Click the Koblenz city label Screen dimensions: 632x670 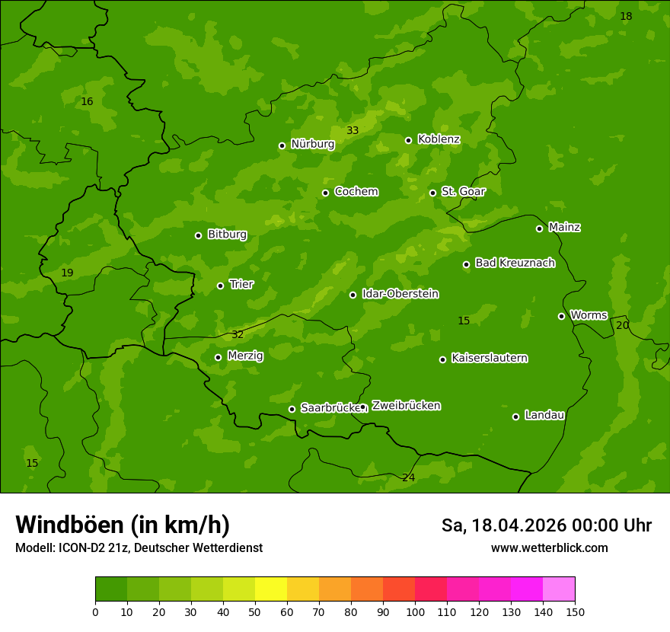pos(439,139)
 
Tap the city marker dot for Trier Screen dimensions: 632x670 pos(221,286)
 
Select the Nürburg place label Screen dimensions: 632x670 pos(312,144)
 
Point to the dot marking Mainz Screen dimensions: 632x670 pos(539,228)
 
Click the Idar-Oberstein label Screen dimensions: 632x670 pos(400,294)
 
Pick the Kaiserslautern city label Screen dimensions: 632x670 pos(489,358)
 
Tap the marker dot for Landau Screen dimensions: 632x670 pos(515,417)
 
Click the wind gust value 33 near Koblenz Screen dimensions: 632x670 pos(353,130)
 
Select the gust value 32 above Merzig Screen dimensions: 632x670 pos(238,334)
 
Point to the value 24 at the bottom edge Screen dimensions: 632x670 pos(408,477)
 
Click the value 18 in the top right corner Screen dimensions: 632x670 pos(626,16)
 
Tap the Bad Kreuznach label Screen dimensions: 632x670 pos(515,263)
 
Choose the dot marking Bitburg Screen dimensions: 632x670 pos(198,235)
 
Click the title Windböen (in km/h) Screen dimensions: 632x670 pos(123,525)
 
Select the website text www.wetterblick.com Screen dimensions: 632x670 pos(549,548)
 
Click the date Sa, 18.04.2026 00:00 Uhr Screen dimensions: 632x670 pos(546,525)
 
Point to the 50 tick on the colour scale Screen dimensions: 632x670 pos(255,611)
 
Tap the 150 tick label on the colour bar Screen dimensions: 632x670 pos(575,611)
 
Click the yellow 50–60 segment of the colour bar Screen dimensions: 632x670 pos(271,589)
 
